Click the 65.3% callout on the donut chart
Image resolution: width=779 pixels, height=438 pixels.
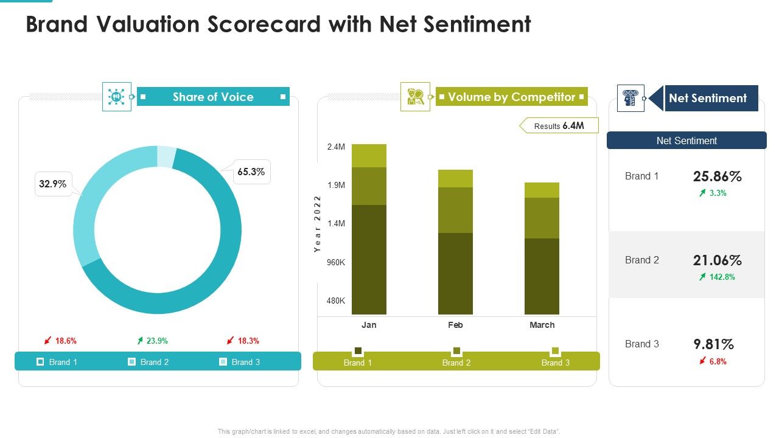coord(251,172)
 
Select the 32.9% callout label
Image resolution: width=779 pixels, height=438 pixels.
coord(53,184)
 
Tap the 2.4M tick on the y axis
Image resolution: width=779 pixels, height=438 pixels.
coord(336,147)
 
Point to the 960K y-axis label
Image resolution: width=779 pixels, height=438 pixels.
coord(336,262)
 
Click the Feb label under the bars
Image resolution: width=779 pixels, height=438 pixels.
coord(455,325)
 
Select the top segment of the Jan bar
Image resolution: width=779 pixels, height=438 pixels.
coord(369,156)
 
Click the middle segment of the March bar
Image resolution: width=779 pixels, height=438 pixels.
coord(542,218)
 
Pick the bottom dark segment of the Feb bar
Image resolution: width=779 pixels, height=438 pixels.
coord(455,273)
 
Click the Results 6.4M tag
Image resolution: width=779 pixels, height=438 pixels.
coord(559,126)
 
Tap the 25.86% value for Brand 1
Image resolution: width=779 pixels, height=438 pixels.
coord(717,177)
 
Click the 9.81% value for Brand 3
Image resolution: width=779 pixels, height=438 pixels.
coord(713,344)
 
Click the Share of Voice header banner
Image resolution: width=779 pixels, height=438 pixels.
coord(213,97)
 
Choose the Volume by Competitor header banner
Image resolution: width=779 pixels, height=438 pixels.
coord(511,97)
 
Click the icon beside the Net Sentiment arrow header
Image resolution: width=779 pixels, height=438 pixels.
coord(631,98)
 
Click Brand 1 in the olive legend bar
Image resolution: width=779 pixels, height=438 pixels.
coord(358,363)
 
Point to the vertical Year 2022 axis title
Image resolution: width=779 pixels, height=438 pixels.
coord(317,224)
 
